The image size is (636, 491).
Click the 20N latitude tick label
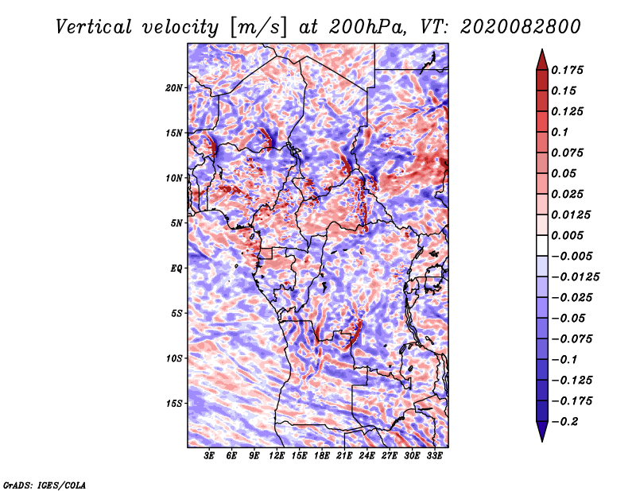tap(173, 87)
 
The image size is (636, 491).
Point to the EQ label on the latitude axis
tap(176, 268)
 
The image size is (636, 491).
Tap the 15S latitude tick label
tap(174, 404)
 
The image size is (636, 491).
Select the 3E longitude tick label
tap(209, 455)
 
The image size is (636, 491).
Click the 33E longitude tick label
tap(434, 455)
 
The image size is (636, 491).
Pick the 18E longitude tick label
tap(322, 455)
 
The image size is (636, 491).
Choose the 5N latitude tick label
tap(176, 223)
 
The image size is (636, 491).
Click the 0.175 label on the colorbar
tap(567, 70)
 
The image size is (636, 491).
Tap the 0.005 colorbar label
tap(567, 235)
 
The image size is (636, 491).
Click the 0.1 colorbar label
tap(560, 132)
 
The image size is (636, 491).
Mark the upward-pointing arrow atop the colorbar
tap(542, 60)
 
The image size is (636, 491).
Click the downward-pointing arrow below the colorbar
tap(542, 431)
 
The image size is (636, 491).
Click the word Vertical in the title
tap(94, 27)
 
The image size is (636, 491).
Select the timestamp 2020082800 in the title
tap(521, 27)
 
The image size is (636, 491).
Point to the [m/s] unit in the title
tap(258, 28)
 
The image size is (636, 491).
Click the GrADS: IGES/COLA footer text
tap(45, 485)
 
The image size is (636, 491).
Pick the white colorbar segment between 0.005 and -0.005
tap(542, 246)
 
